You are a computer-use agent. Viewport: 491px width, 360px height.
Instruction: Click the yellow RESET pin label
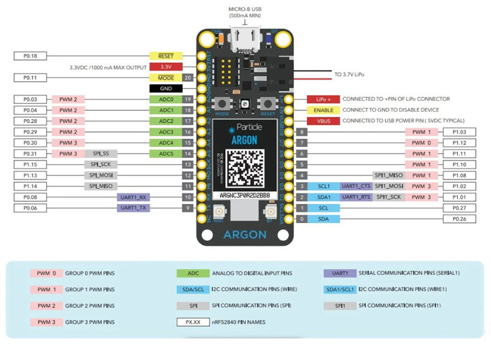[x=166, y=56]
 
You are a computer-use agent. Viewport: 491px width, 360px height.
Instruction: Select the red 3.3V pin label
[x=166, y=67]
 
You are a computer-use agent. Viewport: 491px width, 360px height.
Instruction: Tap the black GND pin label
[x=166, y=88]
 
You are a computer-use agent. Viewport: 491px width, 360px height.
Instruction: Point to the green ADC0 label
[x=166, y=99]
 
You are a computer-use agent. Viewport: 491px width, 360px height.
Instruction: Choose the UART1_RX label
[x=134, y=197]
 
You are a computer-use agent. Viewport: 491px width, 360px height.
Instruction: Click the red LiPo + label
[x=323, y=99]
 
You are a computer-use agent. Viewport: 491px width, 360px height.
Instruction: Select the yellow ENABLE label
[x=323, y=110]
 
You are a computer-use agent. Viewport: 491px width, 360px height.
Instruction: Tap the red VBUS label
[x=323, y=121]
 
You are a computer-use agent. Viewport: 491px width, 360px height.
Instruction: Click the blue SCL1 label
[x=324, y=186]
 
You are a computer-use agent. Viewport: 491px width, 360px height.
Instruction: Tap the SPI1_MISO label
[x=388, y=175]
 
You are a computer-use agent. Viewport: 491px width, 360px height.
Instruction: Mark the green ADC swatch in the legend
[x=193, y=273]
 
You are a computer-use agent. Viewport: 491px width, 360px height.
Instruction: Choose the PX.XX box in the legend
[x=193, y=321]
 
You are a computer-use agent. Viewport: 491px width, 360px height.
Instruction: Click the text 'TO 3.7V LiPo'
[x=349, y=74]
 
